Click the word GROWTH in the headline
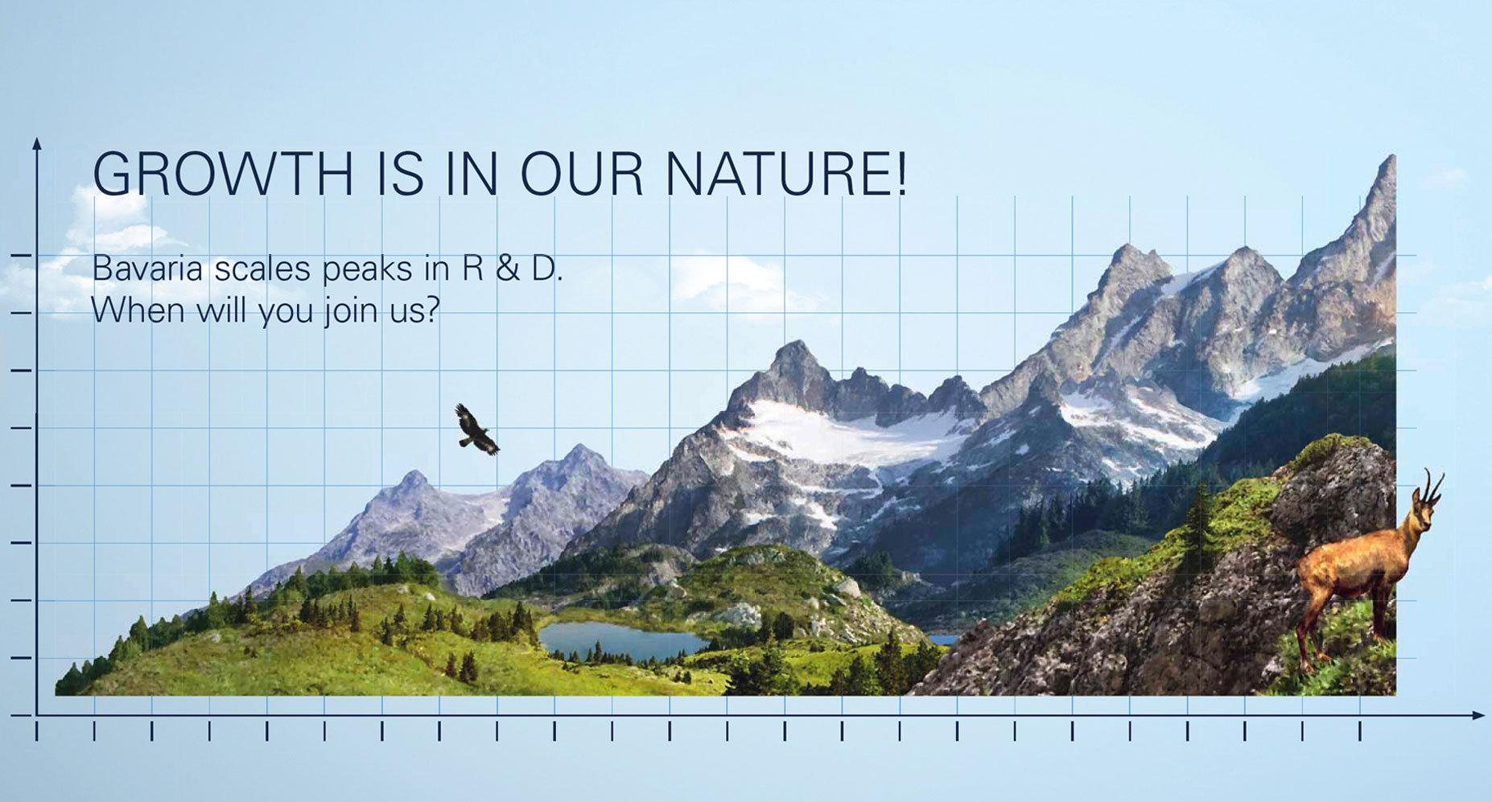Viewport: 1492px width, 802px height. [x=223, y=173]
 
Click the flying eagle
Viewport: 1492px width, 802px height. [x=476, y=430]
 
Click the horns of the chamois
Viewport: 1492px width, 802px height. [x=1431, y=484]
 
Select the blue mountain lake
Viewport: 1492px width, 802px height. [x=620, y=641]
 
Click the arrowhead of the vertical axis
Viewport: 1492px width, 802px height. [x=36, y=144]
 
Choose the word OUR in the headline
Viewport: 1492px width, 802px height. [x=583, y=173]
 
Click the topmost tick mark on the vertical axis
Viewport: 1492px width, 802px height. [x=21, y=256]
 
